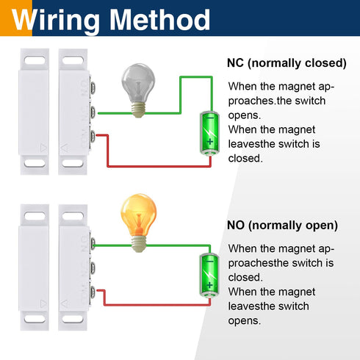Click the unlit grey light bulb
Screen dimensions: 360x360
coord(138,90)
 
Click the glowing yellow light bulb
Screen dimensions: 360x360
coord(139,223)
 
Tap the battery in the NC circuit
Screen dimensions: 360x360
coord(209,133)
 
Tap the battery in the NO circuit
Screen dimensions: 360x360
coord(209,276)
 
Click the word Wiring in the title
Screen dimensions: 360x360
coord(56,21)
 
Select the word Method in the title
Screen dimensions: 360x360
coord(159,20)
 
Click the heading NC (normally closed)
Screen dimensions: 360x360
coord(287,63)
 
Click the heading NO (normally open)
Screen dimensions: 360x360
coord(282,226)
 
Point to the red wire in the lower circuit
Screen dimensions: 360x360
coord(156,305)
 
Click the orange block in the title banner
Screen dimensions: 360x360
coord(16,18)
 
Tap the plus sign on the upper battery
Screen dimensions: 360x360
coord(210,142)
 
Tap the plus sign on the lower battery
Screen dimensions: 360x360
coord(209,285)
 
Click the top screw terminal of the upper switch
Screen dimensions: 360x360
coord(93,87)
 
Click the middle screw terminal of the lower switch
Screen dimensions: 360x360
coord(93,268)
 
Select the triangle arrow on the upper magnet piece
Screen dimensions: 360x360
coord(43,148)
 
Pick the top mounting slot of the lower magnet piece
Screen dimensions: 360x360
coord(35,216)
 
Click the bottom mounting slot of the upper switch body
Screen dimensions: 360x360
coord(73,163)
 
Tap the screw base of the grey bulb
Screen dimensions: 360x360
coord(138,110)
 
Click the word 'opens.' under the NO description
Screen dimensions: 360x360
coord(245,321)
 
